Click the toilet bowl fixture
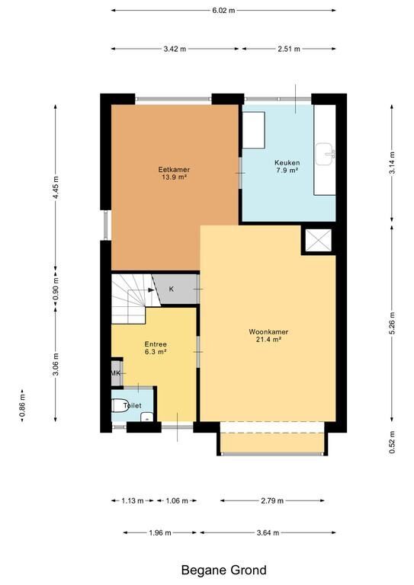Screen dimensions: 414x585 point(120,405)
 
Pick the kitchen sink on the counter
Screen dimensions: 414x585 point(325,154)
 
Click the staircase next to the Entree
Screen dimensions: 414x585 point(133,298)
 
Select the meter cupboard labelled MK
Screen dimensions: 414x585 point(116,372)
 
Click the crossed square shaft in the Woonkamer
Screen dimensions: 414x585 point(319,240)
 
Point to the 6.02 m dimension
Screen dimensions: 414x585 point(223,11)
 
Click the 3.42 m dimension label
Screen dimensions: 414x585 point(175,49)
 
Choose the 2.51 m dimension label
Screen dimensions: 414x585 point(289,49)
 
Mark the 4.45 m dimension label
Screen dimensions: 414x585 point(56,187)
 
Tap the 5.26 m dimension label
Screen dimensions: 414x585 point(392,324)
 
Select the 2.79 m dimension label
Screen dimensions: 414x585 point(272,500)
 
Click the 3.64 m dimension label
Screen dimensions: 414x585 point(268,532)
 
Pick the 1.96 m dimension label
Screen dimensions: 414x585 point(160,532)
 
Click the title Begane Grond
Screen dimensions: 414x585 point(224,570)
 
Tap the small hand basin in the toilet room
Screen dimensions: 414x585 point(146,417)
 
